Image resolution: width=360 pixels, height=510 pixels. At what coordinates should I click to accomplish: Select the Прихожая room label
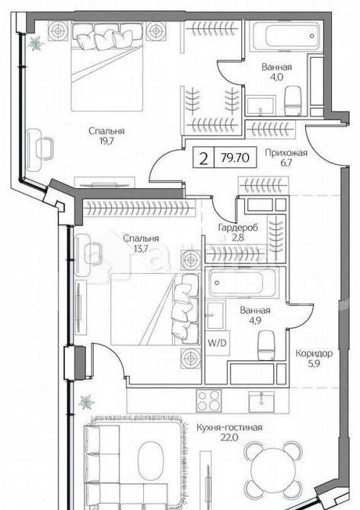tap(285, 152)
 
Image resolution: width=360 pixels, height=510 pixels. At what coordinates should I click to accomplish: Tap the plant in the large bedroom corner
tap(33, 43)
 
